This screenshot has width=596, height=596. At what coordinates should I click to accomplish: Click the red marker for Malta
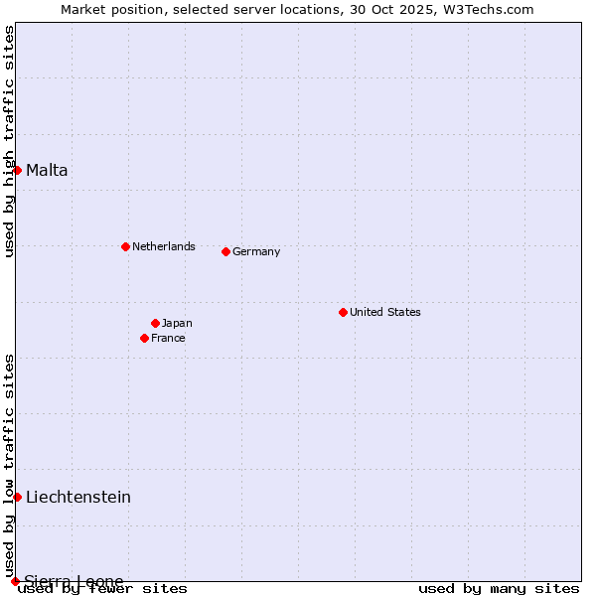pos(17,170)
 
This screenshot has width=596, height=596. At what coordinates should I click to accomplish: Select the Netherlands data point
pos(125,246)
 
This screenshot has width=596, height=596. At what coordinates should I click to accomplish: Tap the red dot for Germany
pos(225,251)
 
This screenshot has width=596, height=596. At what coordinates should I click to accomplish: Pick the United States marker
pos(343,312)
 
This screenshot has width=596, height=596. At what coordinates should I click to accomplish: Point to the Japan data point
pos(155,323)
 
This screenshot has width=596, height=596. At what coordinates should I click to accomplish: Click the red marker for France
pos(145,338)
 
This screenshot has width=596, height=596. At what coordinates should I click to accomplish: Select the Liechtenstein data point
pos(17,497)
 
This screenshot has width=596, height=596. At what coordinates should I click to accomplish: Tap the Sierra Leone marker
pos(15,581)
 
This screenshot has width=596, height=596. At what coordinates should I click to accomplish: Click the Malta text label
pos(47,171)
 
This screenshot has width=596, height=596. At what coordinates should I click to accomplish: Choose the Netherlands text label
pos(164,246)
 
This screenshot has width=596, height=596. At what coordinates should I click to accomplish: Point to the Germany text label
pos(256,251)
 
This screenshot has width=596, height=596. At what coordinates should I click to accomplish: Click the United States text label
pos(385,312)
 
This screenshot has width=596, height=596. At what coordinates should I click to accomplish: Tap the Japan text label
pos(177,323)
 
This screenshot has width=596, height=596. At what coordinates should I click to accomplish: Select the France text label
pos(168,338)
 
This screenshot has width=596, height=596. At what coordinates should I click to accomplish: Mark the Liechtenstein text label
pos(78,497)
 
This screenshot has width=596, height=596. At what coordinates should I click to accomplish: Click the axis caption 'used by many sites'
pos(499,588)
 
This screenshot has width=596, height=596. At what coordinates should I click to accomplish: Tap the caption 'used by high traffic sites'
pos(9,141)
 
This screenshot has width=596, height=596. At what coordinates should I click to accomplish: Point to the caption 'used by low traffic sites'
pos(9,465)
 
